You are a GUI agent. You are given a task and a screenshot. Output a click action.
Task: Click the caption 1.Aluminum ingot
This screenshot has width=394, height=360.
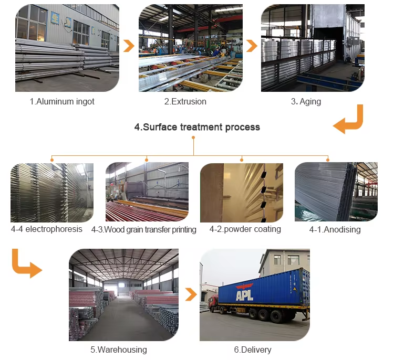coord(62,101)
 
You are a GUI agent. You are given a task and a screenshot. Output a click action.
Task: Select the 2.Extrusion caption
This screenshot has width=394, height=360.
coord(185,101)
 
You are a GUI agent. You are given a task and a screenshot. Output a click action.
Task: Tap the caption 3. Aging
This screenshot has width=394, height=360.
coord(306,101)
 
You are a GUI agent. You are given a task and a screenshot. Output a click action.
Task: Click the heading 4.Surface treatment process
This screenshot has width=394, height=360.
coord(197,127)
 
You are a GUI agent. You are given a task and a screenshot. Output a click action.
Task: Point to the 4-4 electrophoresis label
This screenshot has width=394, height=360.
coord(47,229)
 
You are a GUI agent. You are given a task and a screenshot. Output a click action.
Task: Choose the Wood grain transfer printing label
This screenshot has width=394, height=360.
coord(143,229)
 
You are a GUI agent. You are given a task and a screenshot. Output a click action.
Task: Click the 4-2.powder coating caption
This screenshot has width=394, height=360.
coord(245,229)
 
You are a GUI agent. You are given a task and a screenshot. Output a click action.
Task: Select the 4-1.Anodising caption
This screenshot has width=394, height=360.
coord(335,229)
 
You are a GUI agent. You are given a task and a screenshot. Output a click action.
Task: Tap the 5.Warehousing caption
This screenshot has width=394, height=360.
coord(119,350)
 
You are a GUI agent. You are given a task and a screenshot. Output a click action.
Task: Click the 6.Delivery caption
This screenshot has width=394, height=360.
coord(253,350)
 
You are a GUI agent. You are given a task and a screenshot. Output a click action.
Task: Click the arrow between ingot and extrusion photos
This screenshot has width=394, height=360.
coord(128,46)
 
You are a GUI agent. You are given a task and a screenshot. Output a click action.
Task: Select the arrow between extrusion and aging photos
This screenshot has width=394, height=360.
coord(251,46)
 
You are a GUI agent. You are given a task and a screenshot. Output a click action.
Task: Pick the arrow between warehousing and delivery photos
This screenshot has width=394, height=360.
coord(189,295)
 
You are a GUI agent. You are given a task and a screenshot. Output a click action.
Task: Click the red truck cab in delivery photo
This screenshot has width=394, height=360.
coord(212,303)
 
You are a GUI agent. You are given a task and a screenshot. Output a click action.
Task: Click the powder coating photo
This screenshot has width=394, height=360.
coord(242,192)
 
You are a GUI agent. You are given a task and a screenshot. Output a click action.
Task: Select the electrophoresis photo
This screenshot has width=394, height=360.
coord(52,192)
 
